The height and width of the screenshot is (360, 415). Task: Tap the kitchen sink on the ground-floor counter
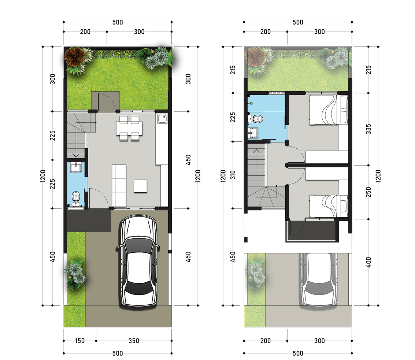[x=162, y=119]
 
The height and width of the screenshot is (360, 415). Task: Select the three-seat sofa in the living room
[x=119, y=185]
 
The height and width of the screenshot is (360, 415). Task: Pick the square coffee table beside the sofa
[x=140, y=186]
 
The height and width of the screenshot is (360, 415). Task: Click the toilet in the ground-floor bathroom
[x=76, y=198]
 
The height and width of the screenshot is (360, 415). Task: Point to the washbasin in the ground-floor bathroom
[x=76, y=167]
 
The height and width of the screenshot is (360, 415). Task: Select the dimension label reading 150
[x=79, y=341]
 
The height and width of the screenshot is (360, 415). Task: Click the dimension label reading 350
[x=134, y=341]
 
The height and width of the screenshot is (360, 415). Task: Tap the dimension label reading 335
[x=368, y=129]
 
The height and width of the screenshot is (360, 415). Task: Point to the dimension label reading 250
[x=368, y=192]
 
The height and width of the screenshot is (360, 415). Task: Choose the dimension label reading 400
[x=368, y=262]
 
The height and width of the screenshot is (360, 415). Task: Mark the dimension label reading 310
[x=233, y=175]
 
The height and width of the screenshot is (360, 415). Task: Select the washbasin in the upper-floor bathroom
[x=253, y=133]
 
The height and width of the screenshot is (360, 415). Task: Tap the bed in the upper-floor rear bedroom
[x=329, y=110]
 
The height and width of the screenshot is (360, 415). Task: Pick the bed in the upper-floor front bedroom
[x=329, y=206]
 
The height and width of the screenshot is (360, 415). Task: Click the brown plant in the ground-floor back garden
[x=75, y=56]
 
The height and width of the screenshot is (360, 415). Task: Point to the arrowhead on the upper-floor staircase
[x=256, y=151]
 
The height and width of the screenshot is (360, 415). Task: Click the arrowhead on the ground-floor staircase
[x=76, y=155]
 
